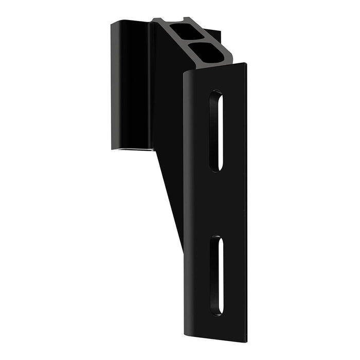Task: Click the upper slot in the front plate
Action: tap(216, 131)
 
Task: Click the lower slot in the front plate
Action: tap(217, 275)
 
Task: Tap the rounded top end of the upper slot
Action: tap(216, 95)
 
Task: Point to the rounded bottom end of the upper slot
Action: tap(216, 168)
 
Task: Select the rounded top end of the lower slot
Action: tap(217, 240)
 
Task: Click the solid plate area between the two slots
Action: tap(216, 203)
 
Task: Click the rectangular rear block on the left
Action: tap(131, 85)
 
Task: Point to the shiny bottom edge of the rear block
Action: tap(133, 149)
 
